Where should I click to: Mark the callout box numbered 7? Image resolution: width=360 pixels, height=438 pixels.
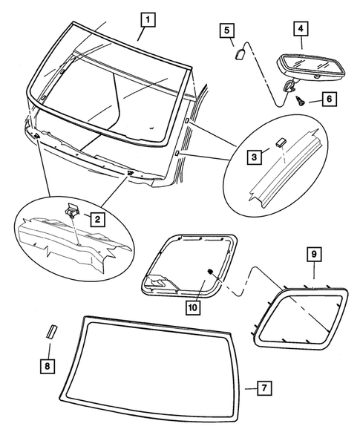[x=266, y=388]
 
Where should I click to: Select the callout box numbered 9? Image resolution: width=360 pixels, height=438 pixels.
[x=314, y=255]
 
